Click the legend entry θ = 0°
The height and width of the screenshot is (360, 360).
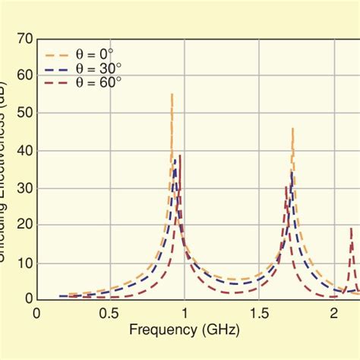point(98,55)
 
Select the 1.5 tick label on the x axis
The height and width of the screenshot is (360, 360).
point(258,314)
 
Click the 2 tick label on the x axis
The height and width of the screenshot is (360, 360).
point(333,314)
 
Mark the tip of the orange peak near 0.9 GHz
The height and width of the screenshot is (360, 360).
point(172,93)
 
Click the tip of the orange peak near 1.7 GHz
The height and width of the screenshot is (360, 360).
point(292,128)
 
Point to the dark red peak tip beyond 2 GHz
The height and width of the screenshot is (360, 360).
point(351,228)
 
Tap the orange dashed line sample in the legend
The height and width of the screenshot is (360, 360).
point(59,55)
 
